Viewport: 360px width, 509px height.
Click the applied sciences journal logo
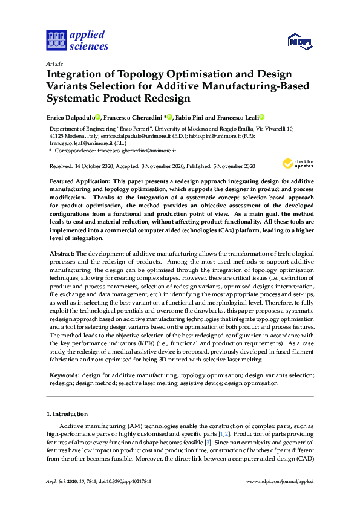(77, 40)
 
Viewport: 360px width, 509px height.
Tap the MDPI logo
(301, 41)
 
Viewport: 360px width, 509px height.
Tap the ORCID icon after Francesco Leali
(263, 117)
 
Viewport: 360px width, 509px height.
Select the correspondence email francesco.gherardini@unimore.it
(135, 150)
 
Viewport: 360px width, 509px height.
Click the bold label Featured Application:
(79, 181)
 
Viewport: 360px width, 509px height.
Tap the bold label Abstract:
(61, 253)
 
